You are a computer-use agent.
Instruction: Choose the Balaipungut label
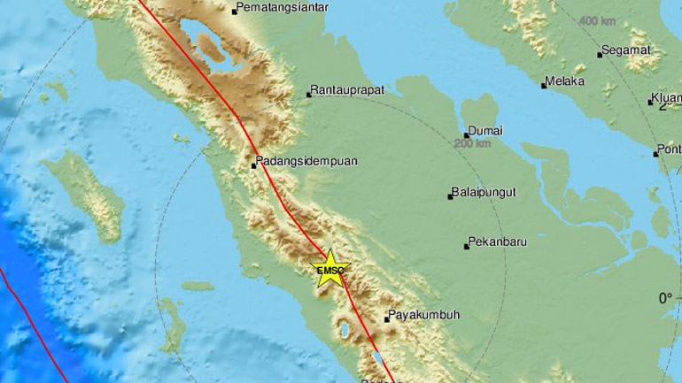pos(485,192)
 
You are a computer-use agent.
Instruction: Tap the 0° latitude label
pos(664,299)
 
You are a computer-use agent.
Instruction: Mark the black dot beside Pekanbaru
pos(467,246)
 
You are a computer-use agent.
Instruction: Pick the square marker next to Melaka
pos(544,85)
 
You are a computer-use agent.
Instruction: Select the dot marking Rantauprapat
pos(308,94)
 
